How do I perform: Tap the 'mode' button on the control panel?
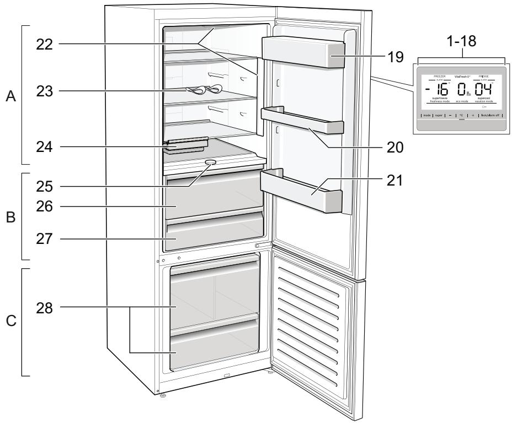coord(426,116)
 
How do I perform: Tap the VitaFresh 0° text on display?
coord(461,78)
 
